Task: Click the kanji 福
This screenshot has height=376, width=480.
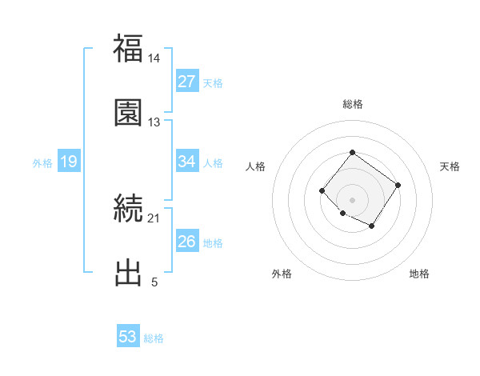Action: [128, 50]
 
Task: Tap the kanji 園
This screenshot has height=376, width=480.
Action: [128, 112]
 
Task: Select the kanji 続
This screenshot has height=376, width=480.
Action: [128, 210]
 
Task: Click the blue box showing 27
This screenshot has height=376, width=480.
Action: [186, 82]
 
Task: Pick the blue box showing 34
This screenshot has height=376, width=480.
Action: [186, 162]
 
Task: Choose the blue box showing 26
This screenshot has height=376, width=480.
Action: [186, 242]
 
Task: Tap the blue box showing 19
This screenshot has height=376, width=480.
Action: [69, 162]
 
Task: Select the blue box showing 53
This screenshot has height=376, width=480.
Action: [128, 337]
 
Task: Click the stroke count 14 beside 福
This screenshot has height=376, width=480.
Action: [154, 58]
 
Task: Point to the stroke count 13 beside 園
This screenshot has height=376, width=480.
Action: [154, 122]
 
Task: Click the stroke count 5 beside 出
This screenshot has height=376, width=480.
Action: [154, 282]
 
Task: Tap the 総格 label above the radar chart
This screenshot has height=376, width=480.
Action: [353, 105]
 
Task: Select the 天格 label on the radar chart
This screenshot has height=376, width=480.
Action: [450, 166]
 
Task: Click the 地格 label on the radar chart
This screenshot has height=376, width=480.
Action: [419, 274]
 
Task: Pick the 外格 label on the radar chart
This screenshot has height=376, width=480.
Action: [282, 274]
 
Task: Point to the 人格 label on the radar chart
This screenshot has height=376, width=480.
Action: [256, 166]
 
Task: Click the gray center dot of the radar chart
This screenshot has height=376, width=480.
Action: [352, 199]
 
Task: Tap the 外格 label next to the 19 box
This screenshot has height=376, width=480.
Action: [42, 163]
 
